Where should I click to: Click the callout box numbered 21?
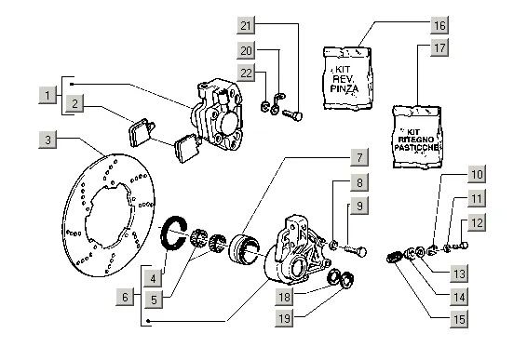[x=246, y=25]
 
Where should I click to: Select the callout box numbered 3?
[x=47, y=140]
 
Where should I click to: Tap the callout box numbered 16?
[x=439, y=25]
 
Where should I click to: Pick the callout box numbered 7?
[x=359, y=157]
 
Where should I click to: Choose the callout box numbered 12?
[x=477, y=222]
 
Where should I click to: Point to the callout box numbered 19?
[x=284, y=318]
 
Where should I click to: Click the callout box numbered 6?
[x=125, y=297]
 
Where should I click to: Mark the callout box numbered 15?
[x=459, y=319]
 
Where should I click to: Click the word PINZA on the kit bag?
[x=345, y=88]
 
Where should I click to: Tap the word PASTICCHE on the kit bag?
[x=417, y=147]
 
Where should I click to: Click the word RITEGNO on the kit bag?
[x=416, y=140]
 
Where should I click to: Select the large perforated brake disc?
[x=109, y=215]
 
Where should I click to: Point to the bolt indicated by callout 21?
[x=292, y=115]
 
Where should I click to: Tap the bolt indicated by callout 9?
[x=356, y=251]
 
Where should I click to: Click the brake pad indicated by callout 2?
[x=142, y=132]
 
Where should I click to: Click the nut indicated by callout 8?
[x=333, y=246]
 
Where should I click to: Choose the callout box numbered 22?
[x=246, y=73]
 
